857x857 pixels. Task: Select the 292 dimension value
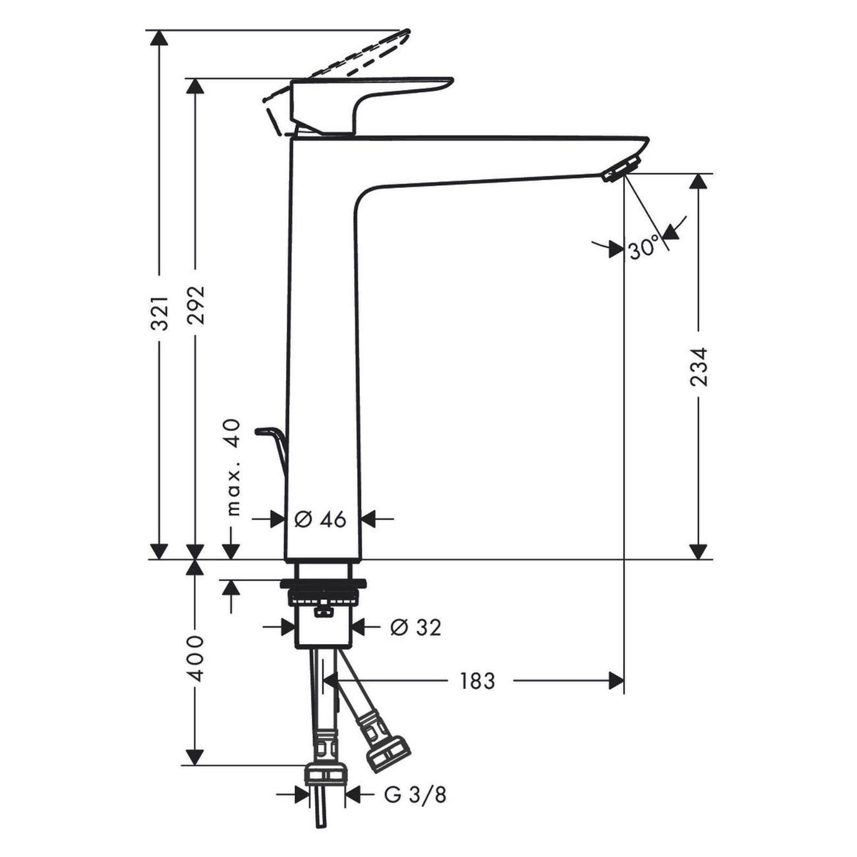(195, 305)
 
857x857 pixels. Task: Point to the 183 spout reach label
(477, 680)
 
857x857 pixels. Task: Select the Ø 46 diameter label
(320, 519)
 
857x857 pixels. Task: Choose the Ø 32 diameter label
(416, 627)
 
